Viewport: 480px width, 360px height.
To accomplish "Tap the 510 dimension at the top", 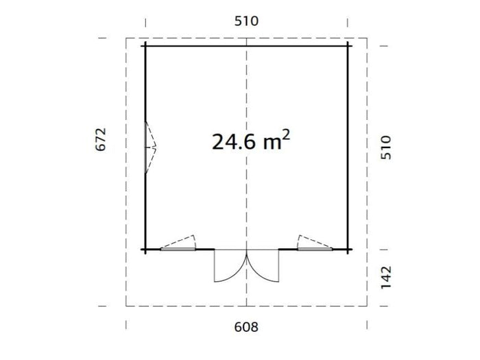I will point(246,21).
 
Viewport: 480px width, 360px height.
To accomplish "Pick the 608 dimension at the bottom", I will point(246,327).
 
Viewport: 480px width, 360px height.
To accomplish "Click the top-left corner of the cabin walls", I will point(145,45).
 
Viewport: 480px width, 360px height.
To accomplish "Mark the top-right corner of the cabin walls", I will point(348,45).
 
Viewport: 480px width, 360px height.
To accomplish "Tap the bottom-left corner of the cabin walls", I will point(145,250).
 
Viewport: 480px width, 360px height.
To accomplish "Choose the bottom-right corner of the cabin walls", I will point(348,250).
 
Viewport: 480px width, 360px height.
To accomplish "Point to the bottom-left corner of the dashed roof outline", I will point(126,306).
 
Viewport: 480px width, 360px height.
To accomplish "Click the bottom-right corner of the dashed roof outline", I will point(368,306).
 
